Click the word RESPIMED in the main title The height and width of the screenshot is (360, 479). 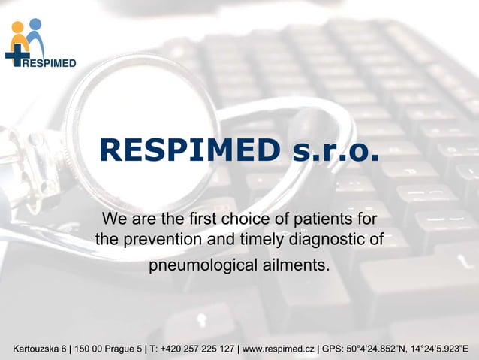tap(191, 151)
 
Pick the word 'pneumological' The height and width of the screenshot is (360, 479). tap(197, 267)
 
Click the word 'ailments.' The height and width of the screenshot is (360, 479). tap(290, 267)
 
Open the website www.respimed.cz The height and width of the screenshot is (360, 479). tap(278, 349)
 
